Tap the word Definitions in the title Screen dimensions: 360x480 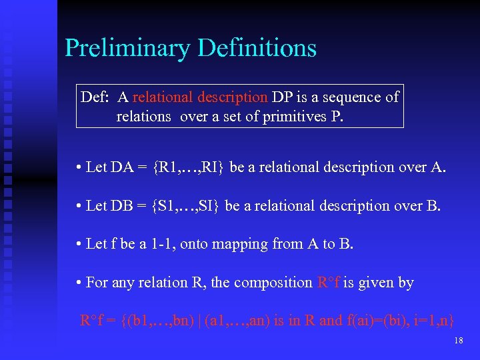258,49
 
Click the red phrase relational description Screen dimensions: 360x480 199,97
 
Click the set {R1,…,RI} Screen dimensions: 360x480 189,167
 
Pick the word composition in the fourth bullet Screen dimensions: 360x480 273,283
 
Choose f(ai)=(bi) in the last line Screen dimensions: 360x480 377,321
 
